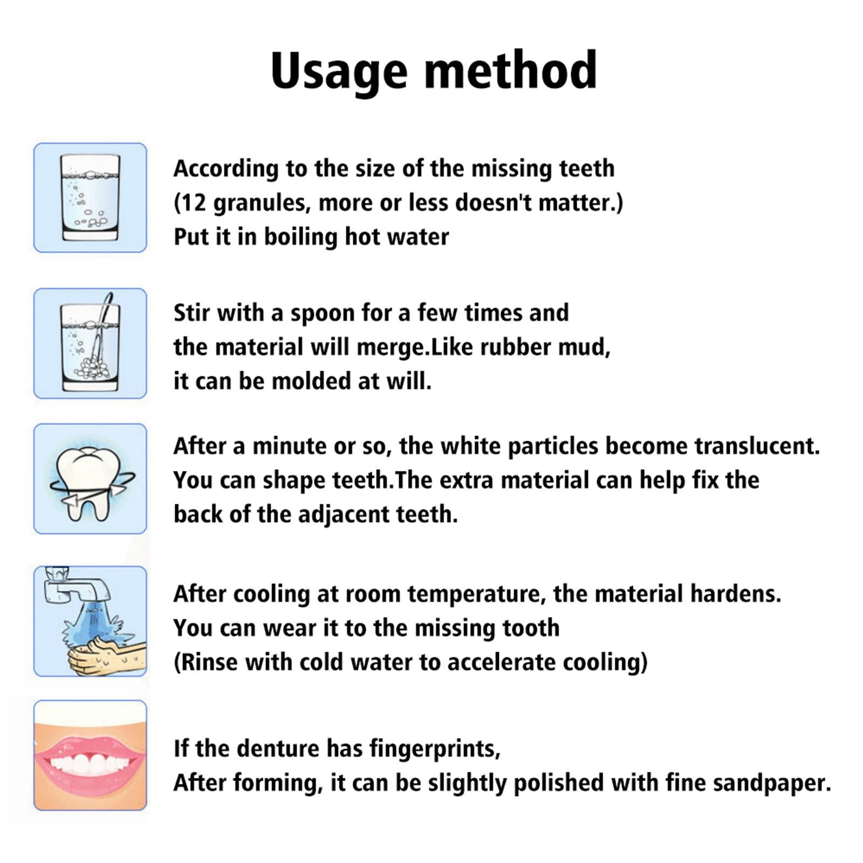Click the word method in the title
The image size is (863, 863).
coord(511,70)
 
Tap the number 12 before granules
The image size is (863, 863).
coord(193,203)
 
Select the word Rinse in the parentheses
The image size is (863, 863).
coord(209,662)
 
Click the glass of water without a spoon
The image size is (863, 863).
coord(90,197)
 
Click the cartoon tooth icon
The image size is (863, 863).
coord(90,479)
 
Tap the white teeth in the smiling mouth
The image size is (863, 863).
coord(90,763)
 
